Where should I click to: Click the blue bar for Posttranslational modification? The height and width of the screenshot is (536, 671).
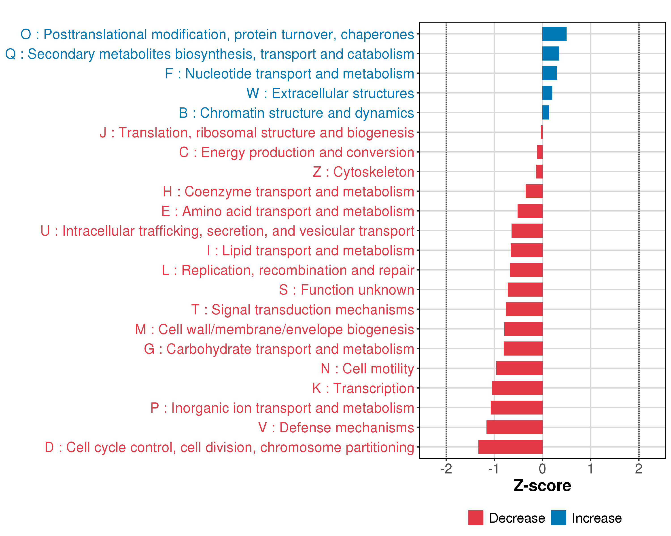pyautogui.click(x=554, y=34)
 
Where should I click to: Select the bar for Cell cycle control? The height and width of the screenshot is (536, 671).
pyautogui.click(x=510, y=447)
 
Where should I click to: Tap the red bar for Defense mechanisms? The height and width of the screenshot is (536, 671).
pyautogui.click(x=514, y=427)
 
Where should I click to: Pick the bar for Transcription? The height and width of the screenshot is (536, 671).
pyautogui.click(x=517, y=388)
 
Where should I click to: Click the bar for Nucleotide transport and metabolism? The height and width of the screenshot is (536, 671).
pyautogui.click(x=549, y=73)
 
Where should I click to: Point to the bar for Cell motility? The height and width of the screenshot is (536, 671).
pyautogui.click(x=519, y=368)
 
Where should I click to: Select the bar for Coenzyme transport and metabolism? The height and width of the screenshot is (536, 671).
pyautogui.click(x=534, y=191)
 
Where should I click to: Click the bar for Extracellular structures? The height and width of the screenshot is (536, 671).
pyautogui.click(x=547, y=93)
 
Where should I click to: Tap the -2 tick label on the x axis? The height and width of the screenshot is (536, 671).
pyautogui.click(x=446, y=469)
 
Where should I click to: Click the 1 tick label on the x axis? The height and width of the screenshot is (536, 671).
pyautogui.click(x=590, y=469)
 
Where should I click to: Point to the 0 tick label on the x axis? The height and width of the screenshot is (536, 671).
pyautogui.click(x=542, y=469)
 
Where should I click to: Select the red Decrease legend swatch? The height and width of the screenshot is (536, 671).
pyautogui.click(x=476, y=518)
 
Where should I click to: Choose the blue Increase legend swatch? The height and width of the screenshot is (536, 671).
pyautogui.click(x=558, y=518)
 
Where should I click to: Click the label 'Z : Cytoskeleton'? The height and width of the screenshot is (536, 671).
pyautogui.click(x=363, y=172)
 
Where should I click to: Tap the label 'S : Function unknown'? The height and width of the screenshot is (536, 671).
pyautogui.click(x=346, y=290)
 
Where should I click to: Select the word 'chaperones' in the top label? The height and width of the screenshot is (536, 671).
pyautogui.click(x=377, y=34)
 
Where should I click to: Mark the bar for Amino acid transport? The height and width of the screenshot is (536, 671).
pyautogui.click(x=530, y=211)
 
